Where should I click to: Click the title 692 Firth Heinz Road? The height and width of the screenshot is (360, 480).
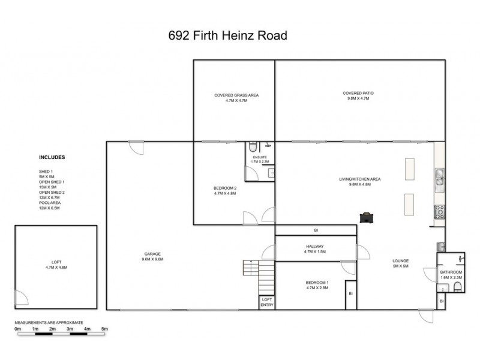229,35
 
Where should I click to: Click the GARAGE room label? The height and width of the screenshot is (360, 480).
152,256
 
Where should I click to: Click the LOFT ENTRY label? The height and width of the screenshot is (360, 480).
266,302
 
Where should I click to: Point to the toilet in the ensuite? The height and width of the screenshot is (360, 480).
253,147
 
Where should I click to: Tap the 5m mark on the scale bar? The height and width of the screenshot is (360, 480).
104,329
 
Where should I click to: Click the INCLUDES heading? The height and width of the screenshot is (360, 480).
52,158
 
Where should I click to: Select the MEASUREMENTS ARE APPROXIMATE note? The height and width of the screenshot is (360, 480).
49,322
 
